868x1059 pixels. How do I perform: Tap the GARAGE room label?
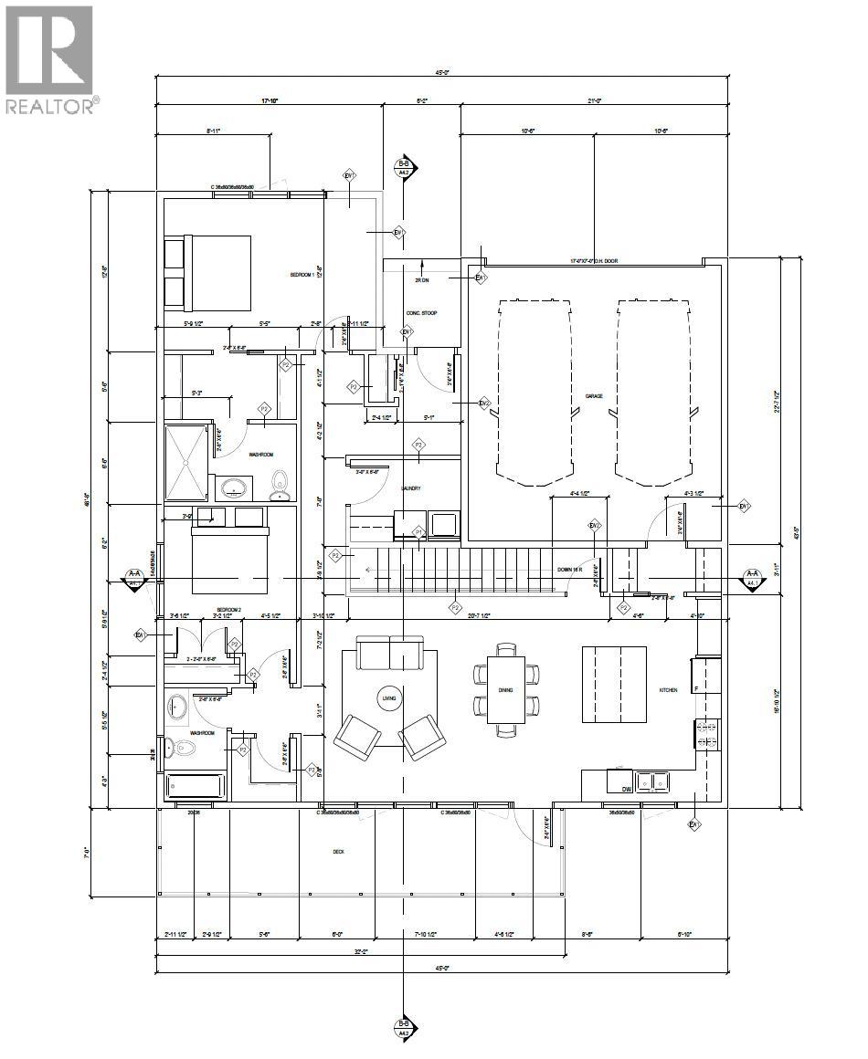594,396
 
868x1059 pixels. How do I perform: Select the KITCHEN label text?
669,690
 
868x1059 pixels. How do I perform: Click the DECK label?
338,851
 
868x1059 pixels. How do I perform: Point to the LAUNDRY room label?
410,488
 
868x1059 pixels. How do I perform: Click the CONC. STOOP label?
421,313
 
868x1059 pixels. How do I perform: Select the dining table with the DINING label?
505,689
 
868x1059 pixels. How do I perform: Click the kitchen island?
615,684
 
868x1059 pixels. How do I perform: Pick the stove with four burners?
707,733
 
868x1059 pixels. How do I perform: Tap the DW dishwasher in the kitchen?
627,788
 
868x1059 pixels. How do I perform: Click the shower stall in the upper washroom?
186,462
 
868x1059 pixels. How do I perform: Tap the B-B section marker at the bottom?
403,1029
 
